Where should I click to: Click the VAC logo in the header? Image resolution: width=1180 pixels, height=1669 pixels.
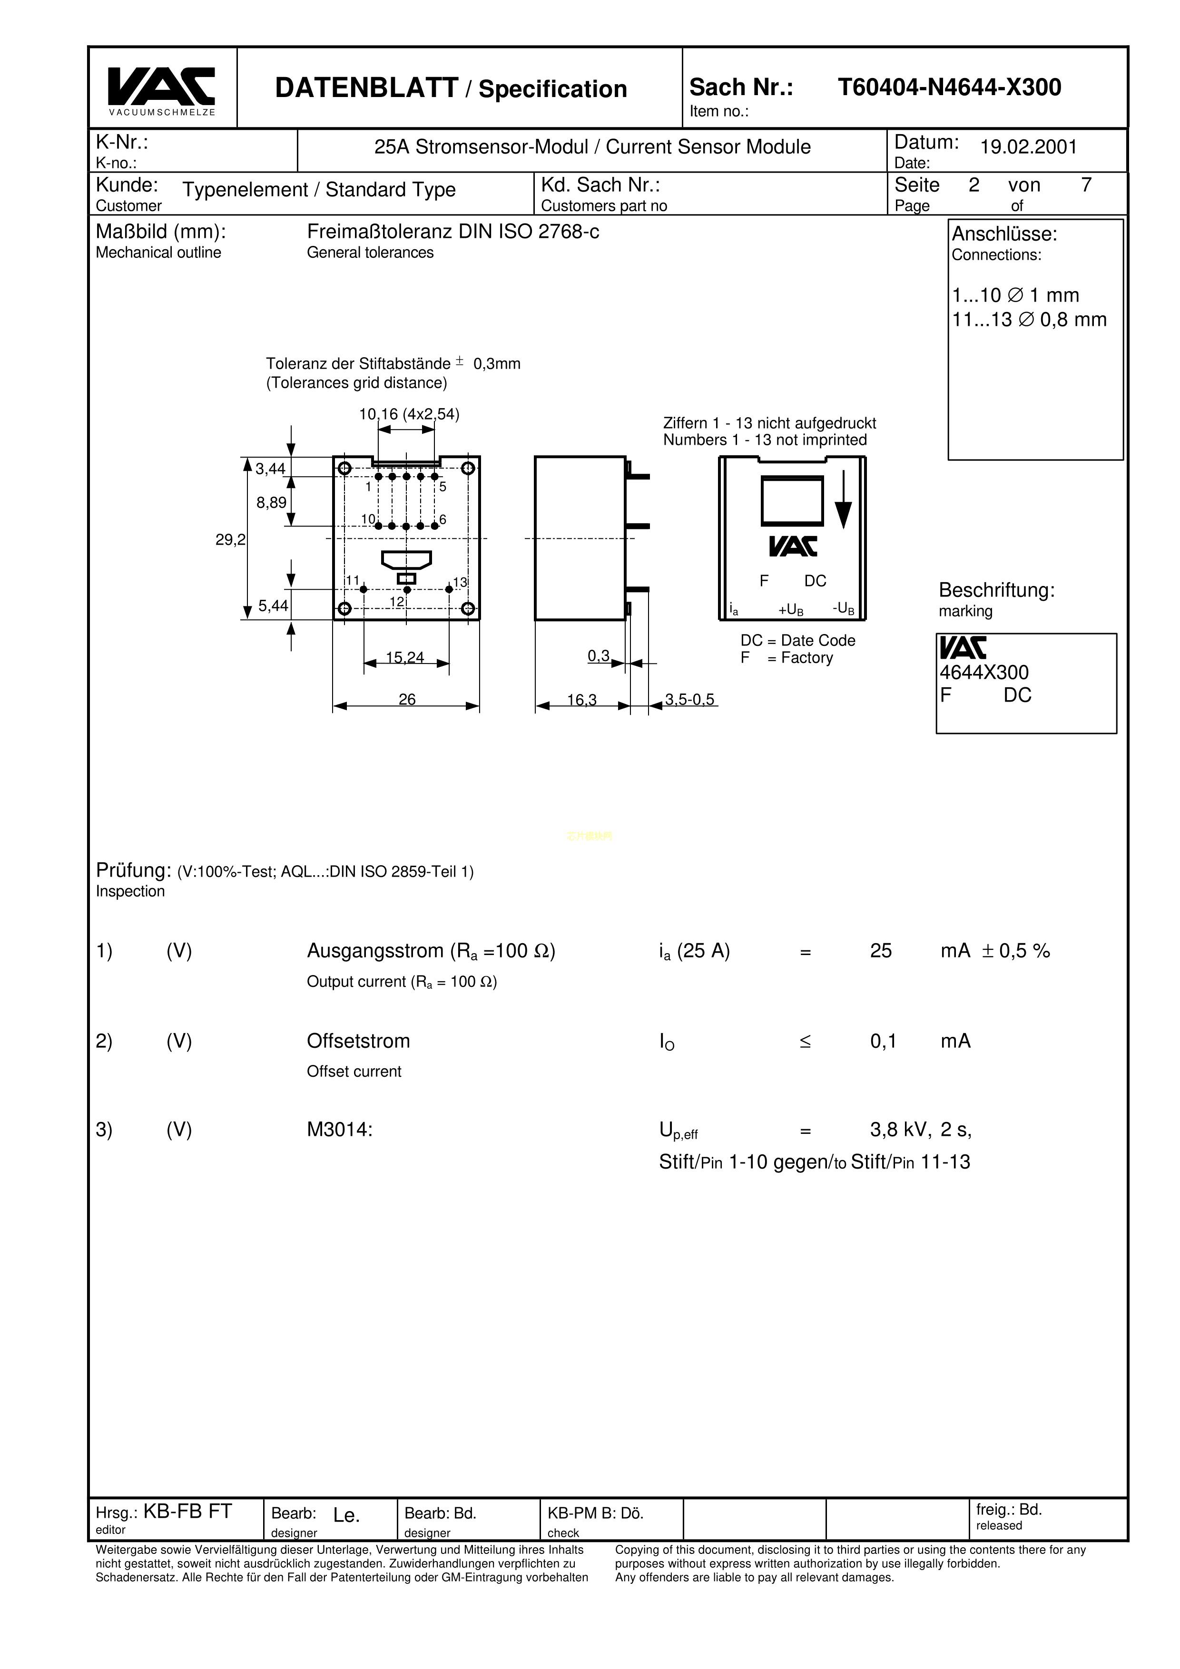tap(161, 87)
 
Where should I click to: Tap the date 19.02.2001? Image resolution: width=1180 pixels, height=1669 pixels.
tap(1028, 147)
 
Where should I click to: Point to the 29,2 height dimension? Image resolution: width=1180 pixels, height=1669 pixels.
tap(230, 539)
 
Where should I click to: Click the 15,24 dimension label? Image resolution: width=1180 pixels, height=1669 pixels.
tap(405, 658)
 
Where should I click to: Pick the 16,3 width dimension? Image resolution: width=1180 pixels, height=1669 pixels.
tap(581, 700)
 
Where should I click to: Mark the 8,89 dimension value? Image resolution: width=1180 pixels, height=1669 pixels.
tap(271, 502)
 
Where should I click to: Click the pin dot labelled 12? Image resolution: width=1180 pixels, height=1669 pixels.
tap(407, 589)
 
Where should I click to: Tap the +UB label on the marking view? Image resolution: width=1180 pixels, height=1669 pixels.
tap(791, 610)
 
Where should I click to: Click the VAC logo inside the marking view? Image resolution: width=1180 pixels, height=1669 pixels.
tap(793, 547)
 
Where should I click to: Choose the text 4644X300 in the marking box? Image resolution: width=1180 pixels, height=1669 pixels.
tap(983, 673)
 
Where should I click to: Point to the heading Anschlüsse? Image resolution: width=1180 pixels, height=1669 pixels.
tap(1004, 234)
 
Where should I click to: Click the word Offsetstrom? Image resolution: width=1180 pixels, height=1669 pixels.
tap(358, 1041)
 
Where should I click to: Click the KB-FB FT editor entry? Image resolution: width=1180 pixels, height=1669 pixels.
tap(187, 1512)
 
